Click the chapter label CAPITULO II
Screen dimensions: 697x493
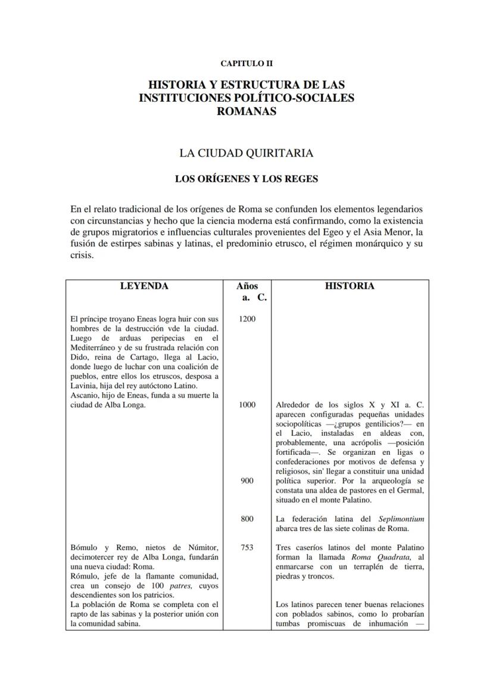(x=246, y=63)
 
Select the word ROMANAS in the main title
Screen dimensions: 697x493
(x=246, y=111)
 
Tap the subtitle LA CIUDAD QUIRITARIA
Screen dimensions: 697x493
(x=246, y=153)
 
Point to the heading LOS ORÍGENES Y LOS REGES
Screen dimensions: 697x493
(x=246, y=179)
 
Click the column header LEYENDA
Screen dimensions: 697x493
(x=144, y=286)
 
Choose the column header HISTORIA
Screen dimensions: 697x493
(x=350, y=286)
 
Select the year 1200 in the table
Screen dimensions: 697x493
(x=246, y=319)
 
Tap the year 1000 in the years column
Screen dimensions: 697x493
(x=246, y=405)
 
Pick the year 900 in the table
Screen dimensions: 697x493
(x=246, y=481)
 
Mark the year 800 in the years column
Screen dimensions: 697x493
(x=246, y=519)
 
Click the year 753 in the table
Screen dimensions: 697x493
(x=246, y=548)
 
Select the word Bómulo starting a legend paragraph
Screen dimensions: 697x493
(x=85, y=548)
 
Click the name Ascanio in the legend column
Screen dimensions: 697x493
(x=85, y=395)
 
